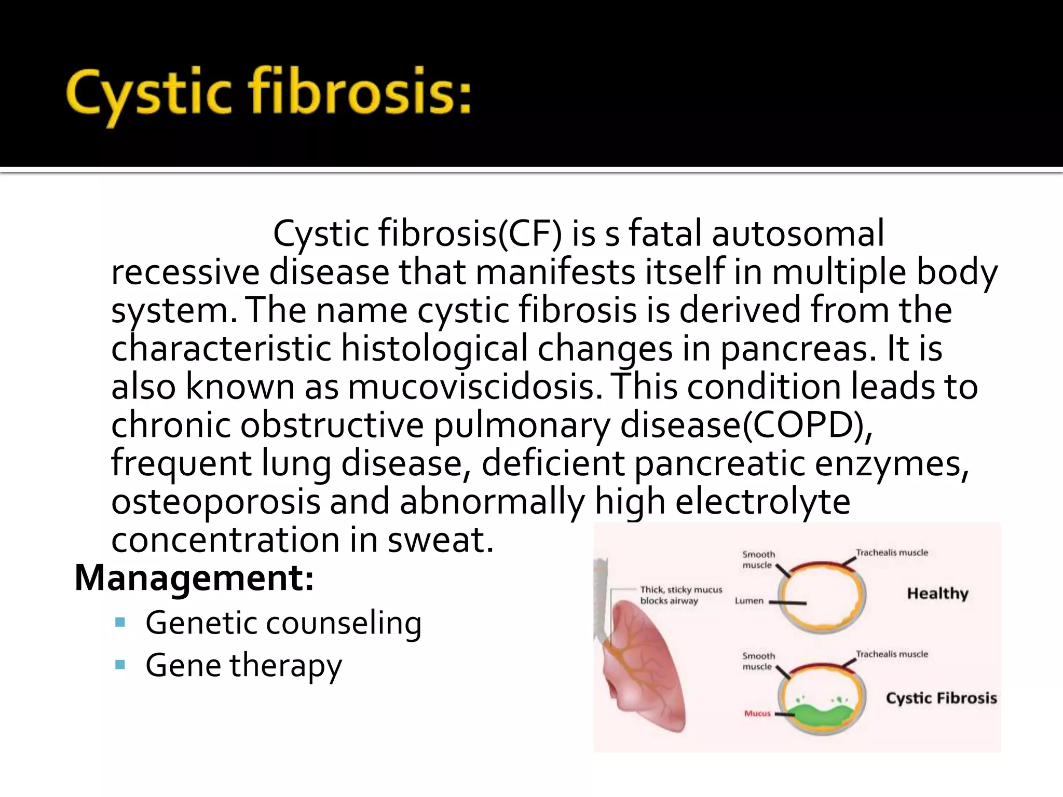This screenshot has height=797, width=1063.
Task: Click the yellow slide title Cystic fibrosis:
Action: tap(269, 94)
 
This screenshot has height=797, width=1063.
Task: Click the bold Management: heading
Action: tap(194, 578)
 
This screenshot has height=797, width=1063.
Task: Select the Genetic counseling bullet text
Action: tap(283, 623)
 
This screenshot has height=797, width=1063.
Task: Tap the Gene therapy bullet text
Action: tap(243, 665)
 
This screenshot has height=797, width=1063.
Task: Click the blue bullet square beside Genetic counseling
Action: tap(120, 622)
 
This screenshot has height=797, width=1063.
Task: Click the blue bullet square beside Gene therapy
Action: tap(120, 665)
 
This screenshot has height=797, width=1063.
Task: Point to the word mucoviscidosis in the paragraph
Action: tap(475, 387)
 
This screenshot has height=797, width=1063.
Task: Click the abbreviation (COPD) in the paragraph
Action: tap(807, 425)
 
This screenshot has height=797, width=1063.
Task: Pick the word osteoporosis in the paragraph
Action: tap(215, 502)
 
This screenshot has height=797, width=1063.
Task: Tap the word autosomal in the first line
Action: tap(798, 233)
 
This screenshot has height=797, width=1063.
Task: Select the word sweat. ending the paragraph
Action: tap(441, 540)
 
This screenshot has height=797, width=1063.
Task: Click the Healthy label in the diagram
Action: tap(937, 593)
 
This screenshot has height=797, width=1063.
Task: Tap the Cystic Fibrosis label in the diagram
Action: tap(941, 698)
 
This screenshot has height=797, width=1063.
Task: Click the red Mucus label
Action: tap(757, 713)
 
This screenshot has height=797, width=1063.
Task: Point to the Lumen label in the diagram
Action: tap(749, 601)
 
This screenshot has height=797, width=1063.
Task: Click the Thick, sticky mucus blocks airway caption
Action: tap(680, 595)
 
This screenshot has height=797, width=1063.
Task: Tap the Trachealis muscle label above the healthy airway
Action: tap(892, 553)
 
